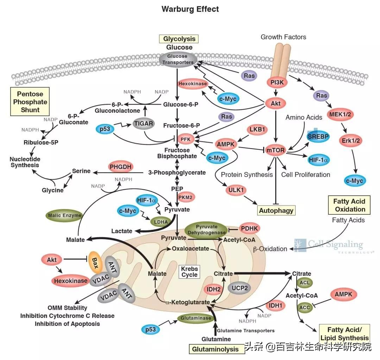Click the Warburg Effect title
pyautogui.click(x=190, y=9)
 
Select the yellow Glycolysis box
pyautogui.click(x=179, y=39)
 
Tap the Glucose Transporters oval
pyautogui.click(x=177, y=59)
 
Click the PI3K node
pyautogui.click(x=275, y=82)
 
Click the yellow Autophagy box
pyautogui.click(x=276, y=211)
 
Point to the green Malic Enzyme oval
pyautogui.click(x=65, y=215)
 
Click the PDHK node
pyautogui.click(x=250, y=229)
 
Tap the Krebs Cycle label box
pyautogui.click(x=189, y=271)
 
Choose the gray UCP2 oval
pyautogui.click(x=240, y=288)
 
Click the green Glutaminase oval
pyautogui.click(x=196, y=318)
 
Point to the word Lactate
pyautogui.click(x=122, y=231)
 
